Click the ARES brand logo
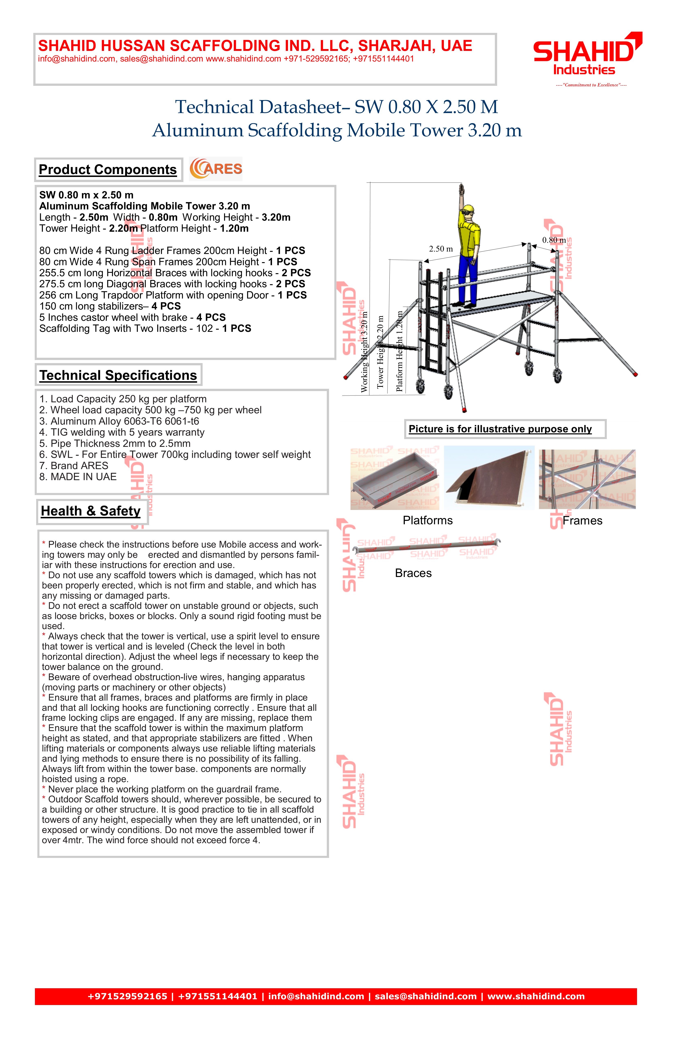point(216,169)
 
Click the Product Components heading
point(108,169)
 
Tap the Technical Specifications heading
point(118,375)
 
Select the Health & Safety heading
point(91,511)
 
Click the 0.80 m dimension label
point(554,240)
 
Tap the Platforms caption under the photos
point(428,521)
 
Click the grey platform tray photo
point(395,479)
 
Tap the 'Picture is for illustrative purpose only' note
point(500,429)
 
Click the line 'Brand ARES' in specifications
point(74,466)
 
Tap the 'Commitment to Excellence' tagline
point(591,85)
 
